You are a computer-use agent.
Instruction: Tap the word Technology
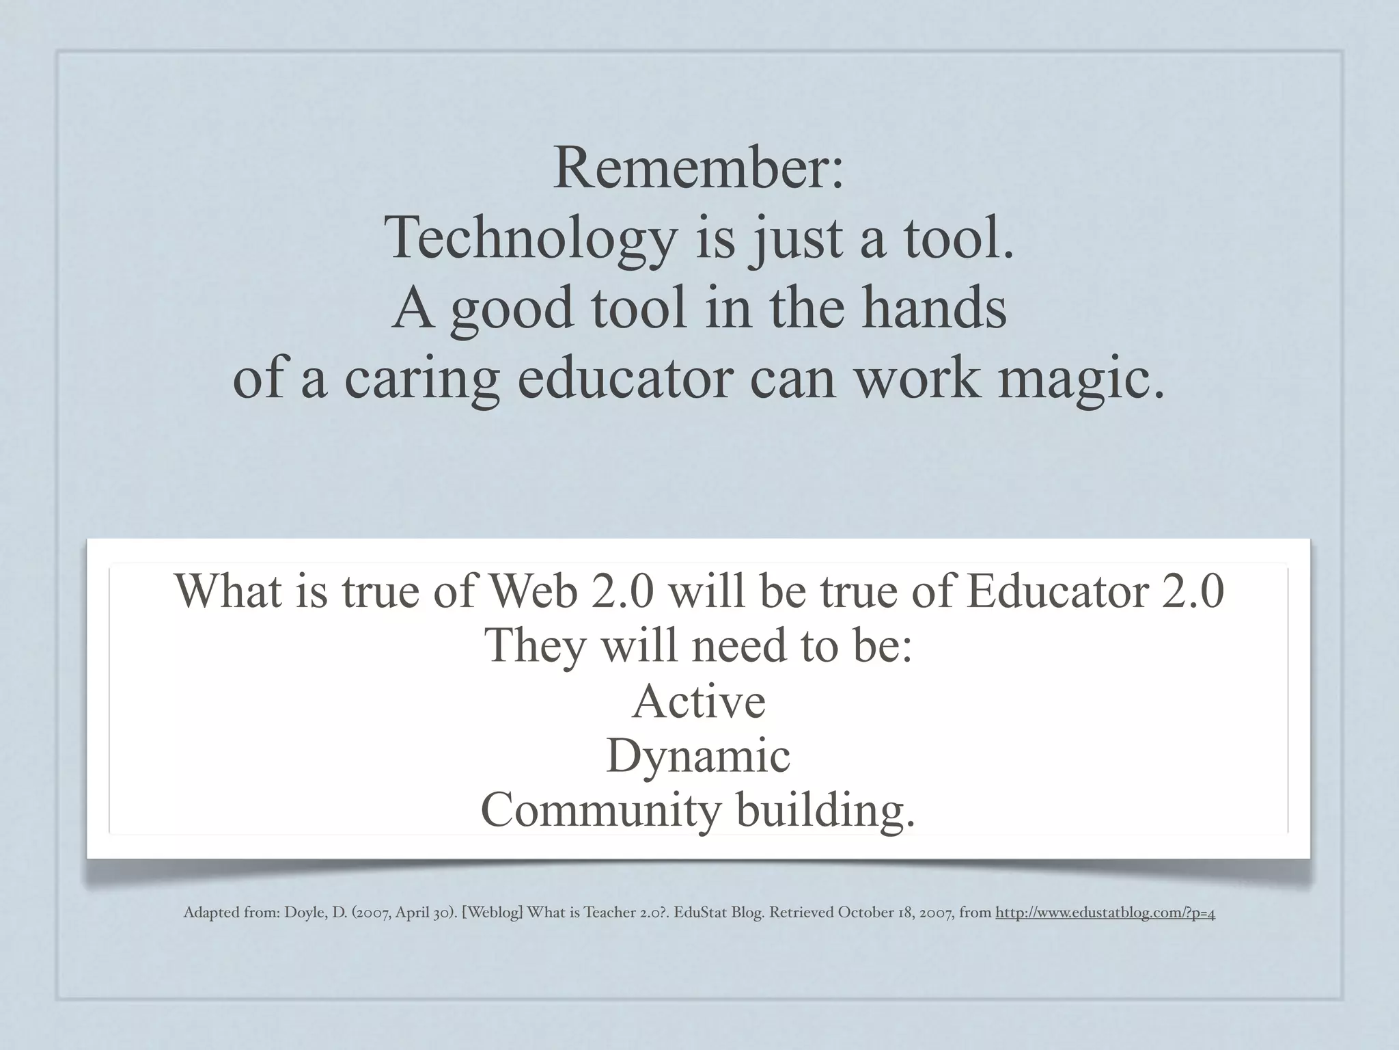[531, 239]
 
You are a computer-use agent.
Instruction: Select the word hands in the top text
[934, 309]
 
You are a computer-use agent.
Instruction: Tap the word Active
[699, 701]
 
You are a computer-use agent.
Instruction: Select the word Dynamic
[698, 757]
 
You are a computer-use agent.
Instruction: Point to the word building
[825, 811]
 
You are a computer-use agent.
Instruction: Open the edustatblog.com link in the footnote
[1105, 913]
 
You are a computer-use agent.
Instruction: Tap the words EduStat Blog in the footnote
[719, 913]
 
